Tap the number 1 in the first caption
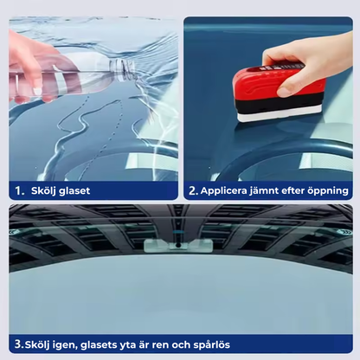pyautogui.click(x=16, y=190)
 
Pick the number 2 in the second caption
pyautogui.click(x=193, y=190)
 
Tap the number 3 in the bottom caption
pyautogui.click(x=16, y=342)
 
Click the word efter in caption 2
pyautogui.click(x=300, y=190)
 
